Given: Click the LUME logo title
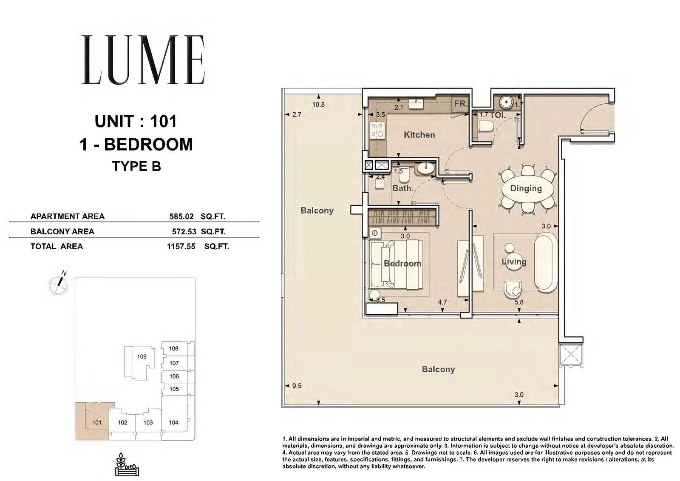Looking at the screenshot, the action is tap(143, 60).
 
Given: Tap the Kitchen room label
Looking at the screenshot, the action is tap(419, 135).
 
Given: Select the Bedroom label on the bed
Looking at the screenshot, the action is tap(402, 263).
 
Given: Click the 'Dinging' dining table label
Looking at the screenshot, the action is tap(526, 188).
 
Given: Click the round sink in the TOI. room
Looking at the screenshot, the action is tap(506, 102).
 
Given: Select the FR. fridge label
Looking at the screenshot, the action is tap(460, 104).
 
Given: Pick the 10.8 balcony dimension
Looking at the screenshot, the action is tap(318, 105).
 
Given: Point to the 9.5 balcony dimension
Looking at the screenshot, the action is tap(297, 386).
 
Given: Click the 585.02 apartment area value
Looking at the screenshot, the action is tap(181, 216).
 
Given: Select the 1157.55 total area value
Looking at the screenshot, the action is tap(181, 246).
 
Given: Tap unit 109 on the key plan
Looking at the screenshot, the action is tap(142, 356).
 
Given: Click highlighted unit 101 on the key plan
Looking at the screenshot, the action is tap(96, 422).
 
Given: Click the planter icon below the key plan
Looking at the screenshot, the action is tap(127, 464).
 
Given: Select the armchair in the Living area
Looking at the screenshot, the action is tap(513, 289).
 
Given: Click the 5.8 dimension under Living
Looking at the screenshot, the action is tap(519, 302).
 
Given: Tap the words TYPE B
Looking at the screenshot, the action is tap(136, 166).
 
